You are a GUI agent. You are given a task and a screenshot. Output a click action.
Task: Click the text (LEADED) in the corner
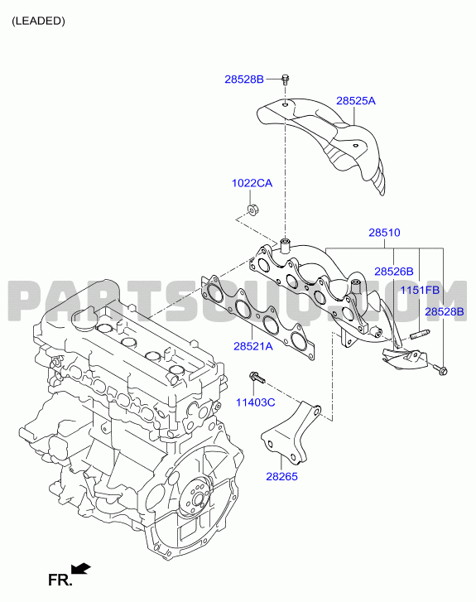pos(38,22)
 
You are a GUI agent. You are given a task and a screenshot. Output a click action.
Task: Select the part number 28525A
pos(356,100)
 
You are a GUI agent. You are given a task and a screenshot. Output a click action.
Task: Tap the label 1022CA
pos(252,183)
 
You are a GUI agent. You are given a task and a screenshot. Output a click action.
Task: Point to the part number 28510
pos(384,233)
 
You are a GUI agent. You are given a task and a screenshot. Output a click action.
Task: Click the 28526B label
pos(394,272)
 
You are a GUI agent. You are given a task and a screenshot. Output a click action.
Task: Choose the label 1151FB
pos(420,291)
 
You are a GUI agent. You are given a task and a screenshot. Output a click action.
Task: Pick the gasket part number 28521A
pos(253,346)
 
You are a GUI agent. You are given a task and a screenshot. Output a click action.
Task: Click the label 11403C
pos(255,402)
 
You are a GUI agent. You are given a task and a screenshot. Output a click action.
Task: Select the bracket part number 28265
pos(281,476)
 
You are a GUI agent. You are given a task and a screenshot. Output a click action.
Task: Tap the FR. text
pos(60,580)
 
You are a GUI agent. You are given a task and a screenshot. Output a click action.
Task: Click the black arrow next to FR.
pos(80,569)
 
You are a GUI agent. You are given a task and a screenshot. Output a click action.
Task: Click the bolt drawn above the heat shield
pos(286,79)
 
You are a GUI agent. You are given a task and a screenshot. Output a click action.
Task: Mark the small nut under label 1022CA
pos(252,209)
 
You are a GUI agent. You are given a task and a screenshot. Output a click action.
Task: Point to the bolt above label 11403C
pos(257,377)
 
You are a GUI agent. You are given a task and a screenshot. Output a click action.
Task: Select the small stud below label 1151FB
pos(420,335)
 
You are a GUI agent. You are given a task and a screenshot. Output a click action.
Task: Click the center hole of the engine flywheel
pos(198,500)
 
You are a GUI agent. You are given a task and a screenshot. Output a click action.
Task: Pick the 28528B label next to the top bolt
pos(244,79)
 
